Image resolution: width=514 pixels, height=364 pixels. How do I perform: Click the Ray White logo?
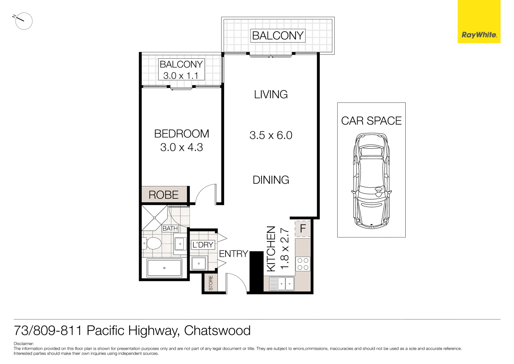(x=479, y=35)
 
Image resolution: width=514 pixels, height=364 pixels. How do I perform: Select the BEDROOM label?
(x=181, y=134)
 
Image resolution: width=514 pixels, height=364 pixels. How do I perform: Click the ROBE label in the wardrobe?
(x=164, y=195)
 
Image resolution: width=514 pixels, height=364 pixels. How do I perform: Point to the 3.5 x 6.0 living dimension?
(x=271, y=135)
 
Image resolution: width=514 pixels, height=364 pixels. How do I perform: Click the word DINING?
(x=271, y=180)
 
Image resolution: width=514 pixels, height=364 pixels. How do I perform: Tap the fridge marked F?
(x=303, y=229)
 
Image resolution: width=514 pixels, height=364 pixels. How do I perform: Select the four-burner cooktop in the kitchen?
(x=303, y=264)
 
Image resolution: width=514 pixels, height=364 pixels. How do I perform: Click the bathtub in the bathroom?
(x=164, y=268)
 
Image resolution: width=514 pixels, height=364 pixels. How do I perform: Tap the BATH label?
(x=170, y=229)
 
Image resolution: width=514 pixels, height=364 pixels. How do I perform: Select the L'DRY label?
(x=203, y=245)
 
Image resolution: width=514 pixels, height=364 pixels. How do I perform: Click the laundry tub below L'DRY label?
(x=199, y=263)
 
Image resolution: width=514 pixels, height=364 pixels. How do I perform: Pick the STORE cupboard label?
(x=211, y=283)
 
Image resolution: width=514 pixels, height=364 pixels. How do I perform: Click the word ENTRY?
(x=233, y=254)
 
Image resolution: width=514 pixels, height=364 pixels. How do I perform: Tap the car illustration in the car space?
(x=371, y=180)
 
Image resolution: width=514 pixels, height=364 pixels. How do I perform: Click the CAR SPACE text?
(x=371, y=121)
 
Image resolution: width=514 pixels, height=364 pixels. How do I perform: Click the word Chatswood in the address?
(x=217, y=331)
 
